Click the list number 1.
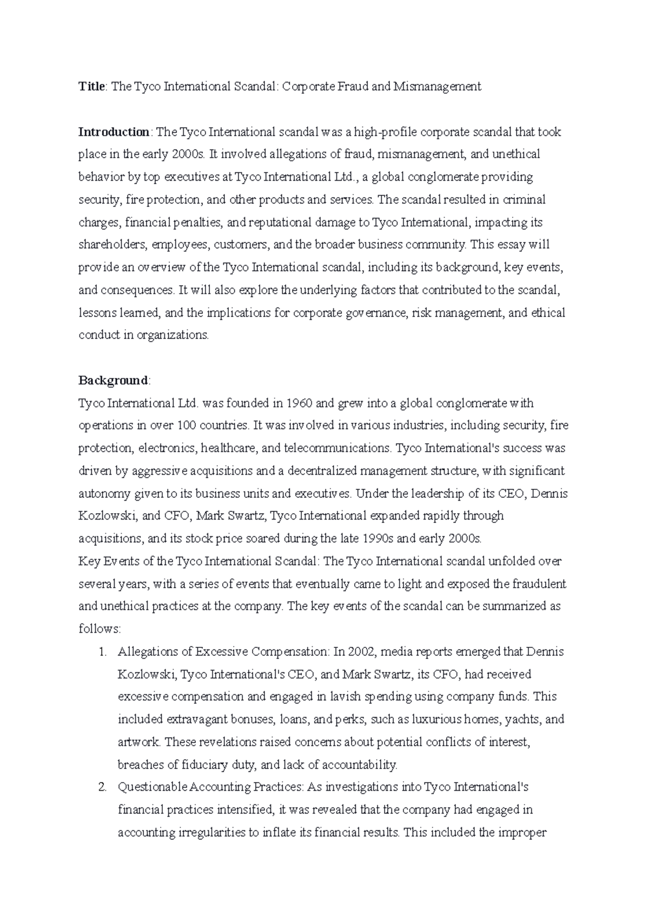[102, 652]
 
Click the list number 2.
[102, 787]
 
